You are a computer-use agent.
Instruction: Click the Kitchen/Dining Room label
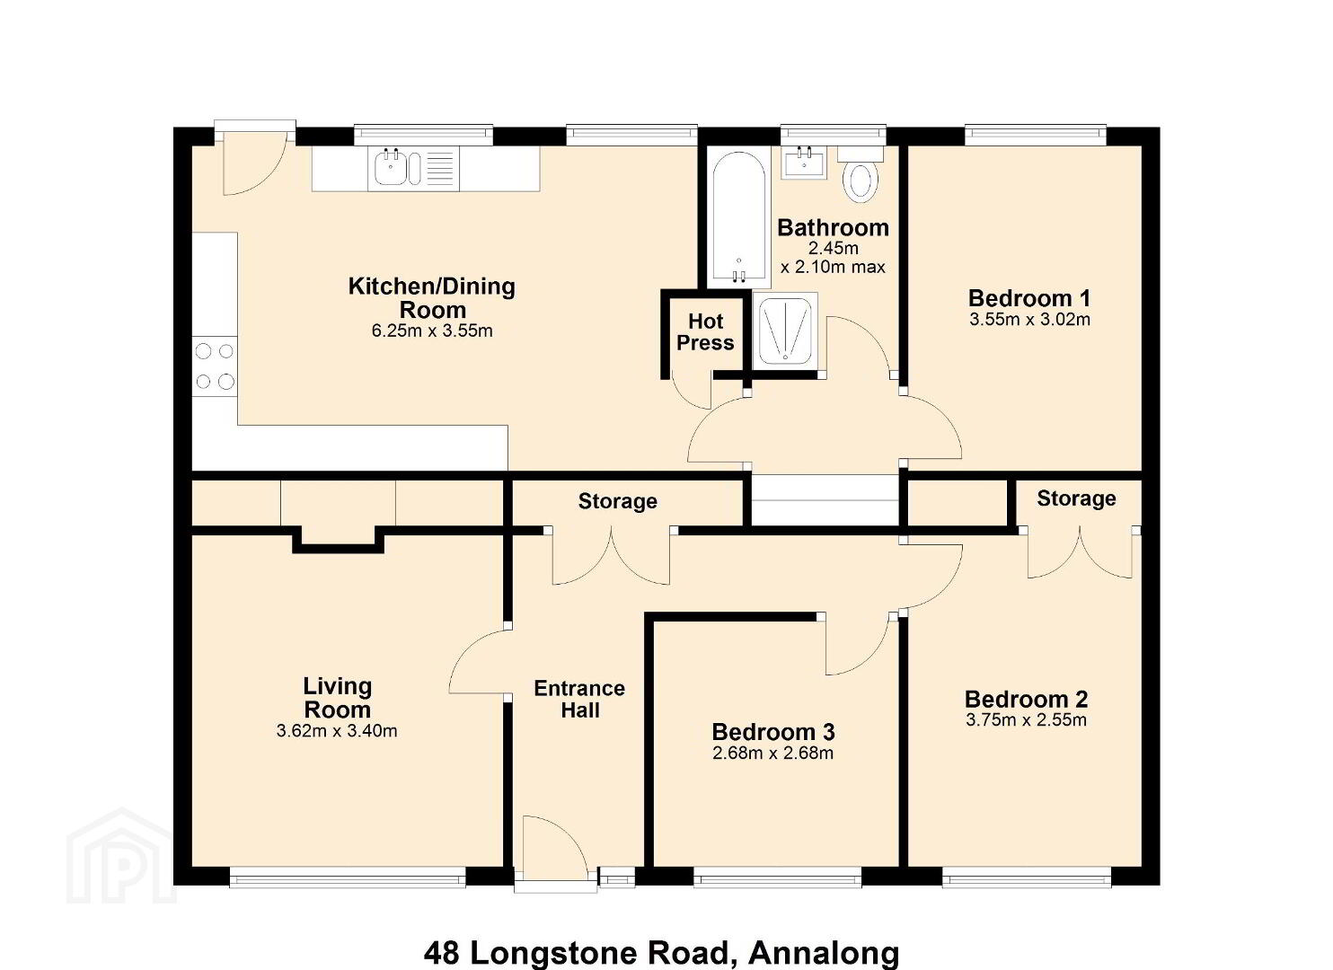[x=432, y=298]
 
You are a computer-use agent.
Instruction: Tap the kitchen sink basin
[x=390, y=169]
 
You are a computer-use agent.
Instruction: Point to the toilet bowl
[x=861, y=182]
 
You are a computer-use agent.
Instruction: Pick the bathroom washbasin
[x=804, y=162]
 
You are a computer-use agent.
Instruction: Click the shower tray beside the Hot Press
[x=785, y=331]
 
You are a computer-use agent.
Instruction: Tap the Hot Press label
[x=705, y=332]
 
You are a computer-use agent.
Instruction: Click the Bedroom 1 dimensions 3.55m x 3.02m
[x=1029, y=320]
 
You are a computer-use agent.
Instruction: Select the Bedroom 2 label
[x=1026, y=699]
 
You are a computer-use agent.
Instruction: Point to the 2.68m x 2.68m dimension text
[x=772, y=754]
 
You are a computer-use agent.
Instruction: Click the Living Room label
[x=338, y=698]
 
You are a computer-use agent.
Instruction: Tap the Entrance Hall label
[x=579, y=700]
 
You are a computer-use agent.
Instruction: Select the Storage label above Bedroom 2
[x=1076, y=498]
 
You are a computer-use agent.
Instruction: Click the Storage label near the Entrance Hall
[x=618, y=501]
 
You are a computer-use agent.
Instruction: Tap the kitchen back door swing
[x=255, y=164]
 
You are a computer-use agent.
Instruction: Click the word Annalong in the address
[x=823, y=953]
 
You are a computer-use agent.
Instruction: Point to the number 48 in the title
[x=442, y=953]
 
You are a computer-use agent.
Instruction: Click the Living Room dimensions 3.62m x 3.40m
[x=337, y=731]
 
